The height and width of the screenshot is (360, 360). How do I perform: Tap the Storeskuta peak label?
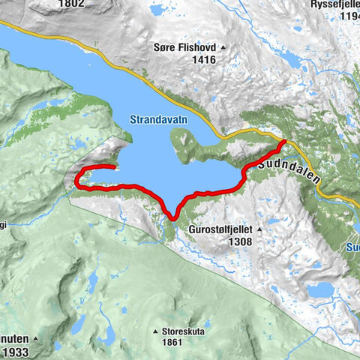184,331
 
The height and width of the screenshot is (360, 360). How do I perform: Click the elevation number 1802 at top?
73,4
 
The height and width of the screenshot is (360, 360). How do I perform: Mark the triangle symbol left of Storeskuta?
154,331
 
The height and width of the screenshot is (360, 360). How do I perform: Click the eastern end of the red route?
284,141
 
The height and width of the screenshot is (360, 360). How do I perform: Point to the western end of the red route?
114,167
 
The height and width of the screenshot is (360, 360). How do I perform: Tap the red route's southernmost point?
172,218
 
